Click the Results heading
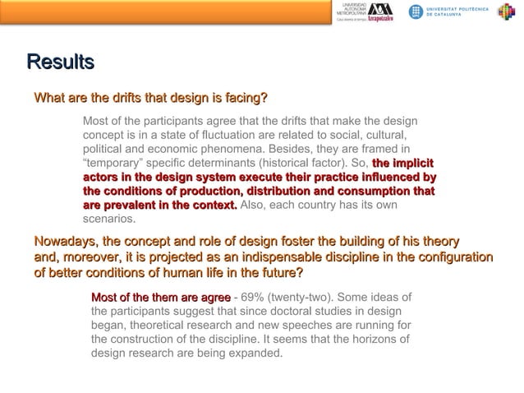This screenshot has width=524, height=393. [x=60, y=62]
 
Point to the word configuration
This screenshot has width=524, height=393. [x=453, y=257]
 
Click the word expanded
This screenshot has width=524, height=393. [x=252, y=354]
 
